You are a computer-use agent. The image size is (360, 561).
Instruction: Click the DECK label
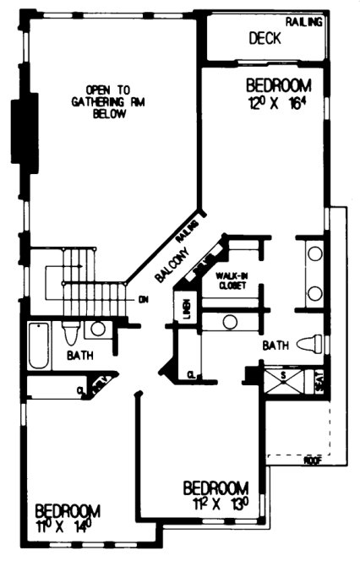point(265,39)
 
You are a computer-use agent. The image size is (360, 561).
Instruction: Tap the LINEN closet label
point(186,310)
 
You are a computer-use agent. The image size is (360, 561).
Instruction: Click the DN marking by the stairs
point(144,299)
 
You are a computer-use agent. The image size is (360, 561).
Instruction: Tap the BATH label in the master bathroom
point(276,346)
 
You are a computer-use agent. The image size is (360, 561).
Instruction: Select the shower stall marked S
point(284,380)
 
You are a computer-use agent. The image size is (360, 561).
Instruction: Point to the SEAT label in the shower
point(319,383)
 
